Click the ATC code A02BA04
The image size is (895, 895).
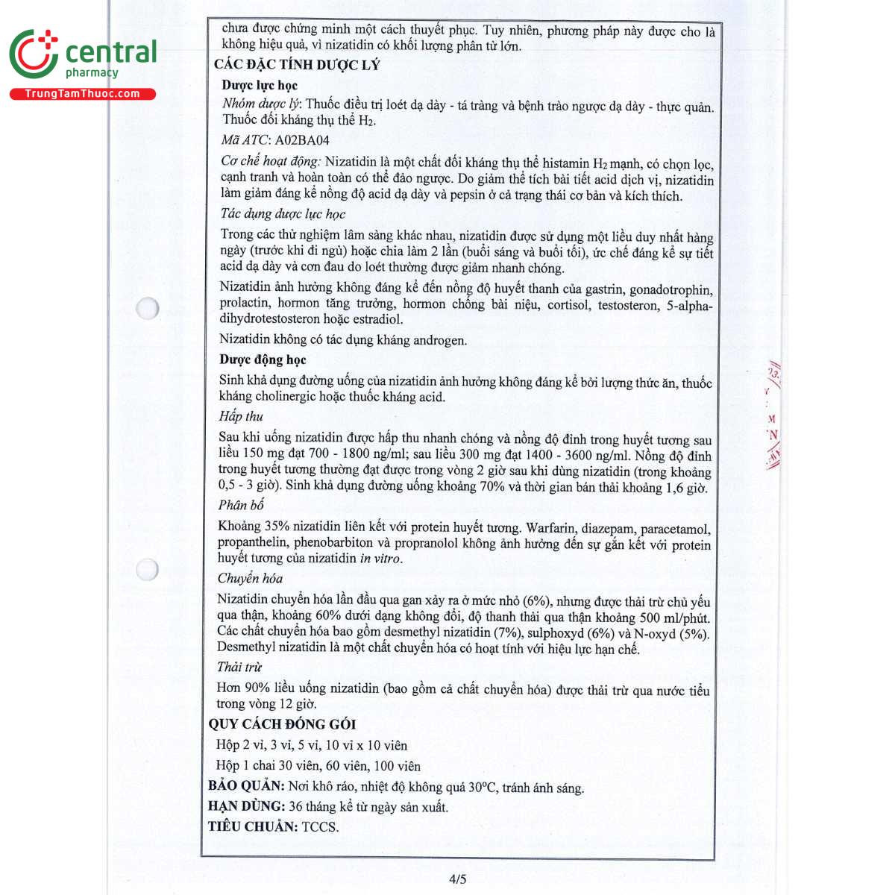pos(302,140)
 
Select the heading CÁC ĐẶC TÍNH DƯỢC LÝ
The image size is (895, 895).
pos(297,65)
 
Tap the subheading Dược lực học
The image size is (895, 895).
pos(260,85)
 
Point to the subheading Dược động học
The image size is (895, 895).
pos(263,359)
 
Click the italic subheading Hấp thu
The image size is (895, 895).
pos(241,416)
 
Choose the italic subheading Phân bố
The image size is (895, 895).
pos(241,505)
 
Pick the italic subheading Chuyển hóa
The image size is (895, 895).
pos(250,578)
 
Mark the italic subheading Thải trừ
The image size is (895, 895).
pos(239,667)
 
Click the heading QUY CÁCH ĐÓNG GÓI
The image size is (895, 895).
pos(282,724)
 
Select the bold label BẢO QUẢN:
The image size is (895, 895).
pos(246,786)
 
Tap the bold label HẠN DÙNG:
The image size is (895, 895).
pos(246,806)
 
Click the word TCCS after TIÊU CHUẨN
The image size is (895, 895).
pos(320,826)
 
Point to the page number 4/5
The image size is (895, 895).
pos(457,879)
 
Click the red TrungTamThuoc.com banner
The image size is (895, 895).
pos(82,94)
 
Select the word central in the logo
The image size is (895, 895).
pos(111,52)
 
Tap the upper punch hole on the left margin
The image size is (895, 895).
pos(148,307)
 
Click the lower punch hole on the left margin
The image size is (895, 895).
pos(148,569)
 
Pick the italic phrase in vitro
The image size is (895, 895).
pos(380,559)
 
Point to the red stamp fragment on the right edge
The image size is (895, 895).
pos(773,418)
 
